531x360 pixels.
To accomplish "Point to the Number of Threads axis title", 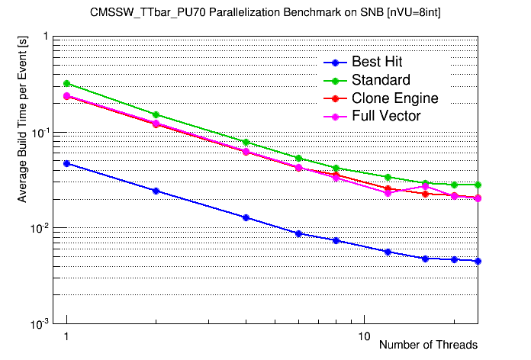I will pos(428,345).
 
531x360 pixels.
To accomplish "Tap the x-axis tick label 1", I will pos(67,336).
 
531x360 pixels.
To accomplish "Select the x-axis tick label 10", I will pos(364,336).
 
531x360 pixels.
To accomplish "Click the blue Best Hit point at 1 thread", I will pos(67,163).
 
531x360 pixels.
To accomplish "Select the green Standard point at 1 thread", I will pos(67,83).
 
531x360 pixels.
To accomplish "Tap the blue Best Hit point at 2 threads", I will pos(156,191).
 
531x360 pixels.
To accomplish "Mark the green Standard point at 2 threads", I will pos(156,114).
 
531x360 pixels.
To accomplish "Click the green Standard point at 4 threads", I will pos(246,142).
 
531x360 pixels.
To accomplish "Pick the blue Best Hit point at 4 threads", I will pos(246,217).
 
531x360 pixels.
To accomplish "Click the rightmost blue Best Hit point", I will pos(478,261).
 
